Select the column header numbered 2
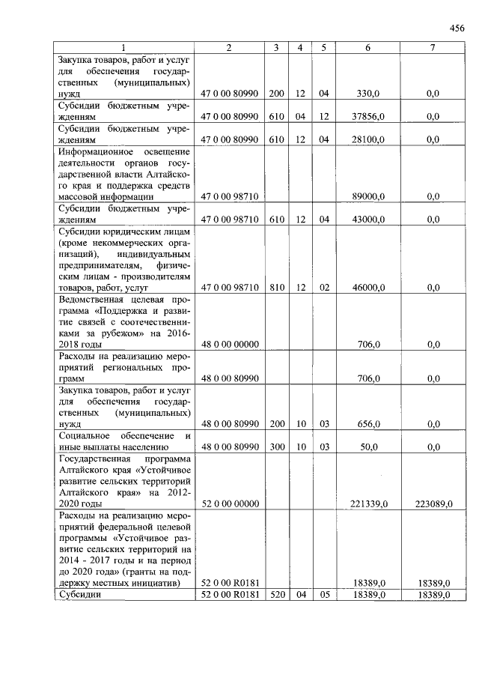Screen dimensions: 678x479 tap(229, 48)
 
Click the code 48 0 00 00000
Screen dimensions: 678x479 tap(230, 345)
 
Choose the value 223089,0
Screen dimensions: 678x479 tap(433, 504)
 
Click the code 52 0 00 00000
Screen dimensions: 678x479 tap(230, 504)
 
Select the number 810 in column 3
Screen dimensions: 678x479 tap(277, 287)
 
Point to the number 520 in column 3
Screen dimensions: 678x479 tap(277, 594)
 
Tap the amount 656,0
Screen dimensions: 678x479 tap(368, 424)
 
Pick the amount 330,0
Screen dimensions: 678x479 tap(368, 94)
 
